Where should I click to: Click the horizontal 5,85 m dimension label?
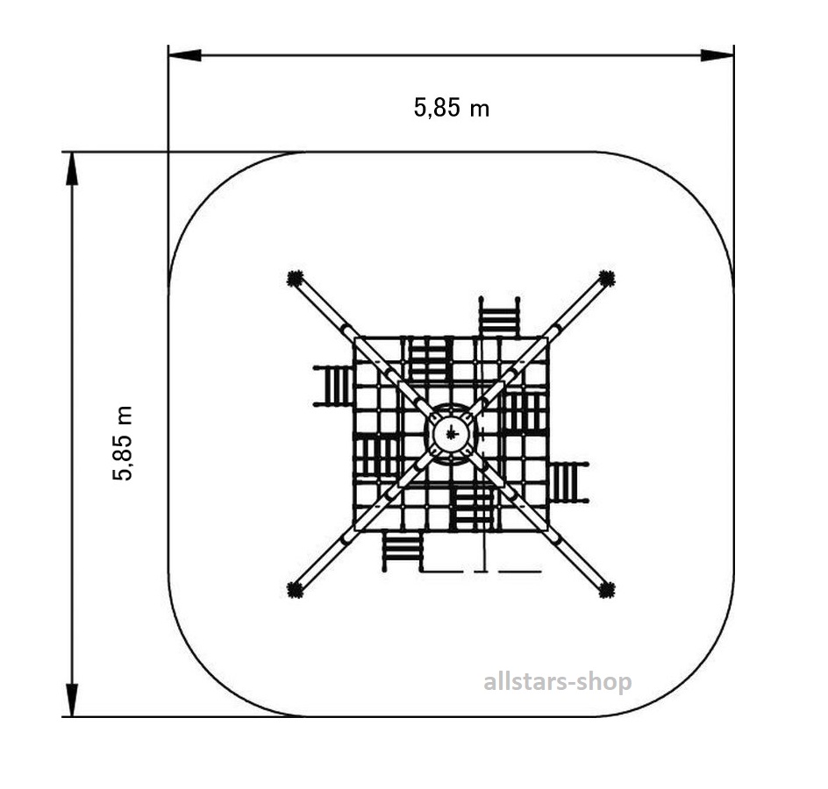click(x=452, y=108)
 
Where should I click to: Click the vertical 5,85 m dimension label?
click(x=123, y=443)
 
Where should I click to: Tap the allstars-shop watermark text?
click(x=558, y=681)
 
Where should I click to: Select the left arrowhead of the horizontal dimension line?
click(x=185, y=55)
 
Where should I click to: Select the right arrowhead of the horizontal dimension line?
click(x=717, y=55)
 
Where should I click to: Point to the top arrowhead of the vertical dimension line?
click(x=72, y=169)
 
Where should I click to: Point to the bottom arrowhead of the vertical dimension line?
click(x=72, y=700)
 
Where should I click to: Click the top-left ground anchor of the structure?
click(x=295, y=278)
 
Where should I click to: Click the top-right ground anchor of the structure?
click(x=607, y=278)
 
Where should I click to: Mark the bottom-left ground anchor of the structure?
click(x=295, y=589)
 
